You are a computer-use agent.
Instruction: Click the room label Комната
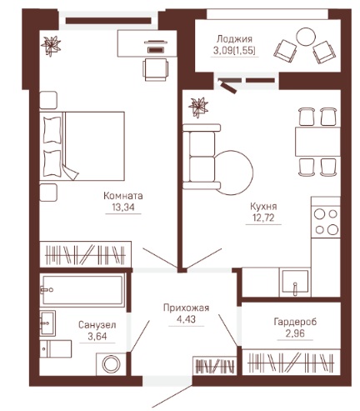[123, 196]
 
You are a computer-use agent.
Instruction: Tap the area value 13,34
[123, 207]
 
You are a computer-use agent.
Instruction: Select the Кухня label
[263, 207]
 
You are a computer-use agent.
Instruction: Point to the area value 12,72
[263, 218]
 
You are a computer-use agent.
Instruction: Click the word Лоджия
[234, 38]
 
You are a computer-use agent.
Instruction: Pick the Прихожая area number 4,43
[186, 319]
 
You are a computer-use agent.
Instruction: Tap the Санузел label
[97, 324]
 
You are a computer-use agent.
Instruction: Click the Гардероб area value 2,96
[295, 333]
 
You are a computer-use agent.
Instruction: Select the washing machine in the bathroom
[111, 364]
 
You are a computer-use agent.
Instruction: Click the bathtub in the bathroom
[82, 290]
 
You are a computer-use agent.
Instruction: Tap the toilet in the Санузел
[56, 348]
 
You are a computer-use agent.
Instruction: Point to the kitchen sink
[295, 282]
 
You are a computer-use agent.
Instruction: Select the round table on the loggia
[306, 37]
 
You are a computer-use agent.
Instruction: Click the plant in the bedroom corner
[51, 46]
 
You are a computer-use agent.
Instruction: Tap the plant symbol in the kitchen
[198, 108]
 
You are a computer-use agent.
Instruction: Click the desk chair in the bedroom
[156, 69]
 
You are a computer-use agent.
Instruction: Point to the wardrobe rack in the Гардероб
[291, 362]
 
